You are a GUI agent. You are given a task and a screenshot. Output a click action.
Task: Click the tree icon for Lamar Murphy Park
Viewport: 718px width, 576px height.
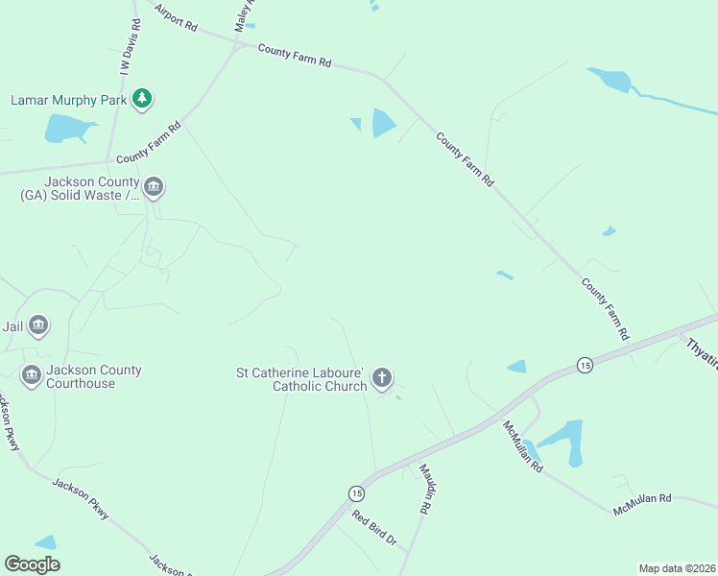coord(142,99)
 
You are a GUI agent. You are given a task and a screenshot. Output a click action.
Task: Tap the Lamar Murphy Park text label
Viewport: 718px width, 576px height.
coord(69,100)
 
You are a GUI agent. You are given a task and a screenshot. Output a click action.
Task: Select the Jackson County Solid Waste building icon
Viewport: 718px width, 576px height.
coord(154,187)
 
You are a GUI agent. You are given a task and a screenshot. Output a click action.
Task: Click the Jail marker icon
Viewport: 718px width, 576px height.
coord(38,326)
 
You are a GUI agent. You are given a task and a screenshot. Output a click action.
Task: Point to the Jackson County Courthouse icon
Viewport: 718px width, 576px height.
coord(31,375)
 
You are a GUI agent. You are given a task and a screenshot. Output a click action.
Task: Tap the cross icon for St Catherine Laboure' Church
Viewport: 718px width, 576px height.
coord(382,378)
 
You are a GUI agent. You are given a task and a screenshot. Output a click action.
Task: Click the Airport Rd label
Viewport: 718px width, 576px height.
coord(175,18)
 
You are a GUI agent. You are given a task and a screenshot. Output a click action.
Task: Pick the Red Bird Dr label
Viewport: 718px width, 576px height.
coord(374,528)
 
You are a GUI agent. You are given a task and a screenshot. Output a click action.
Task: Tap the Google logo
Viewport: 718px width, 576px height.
coord(32,564)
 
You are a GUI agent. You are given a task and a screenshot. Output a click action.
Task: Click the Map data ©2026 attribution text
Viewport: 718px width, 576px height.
coord(676,568)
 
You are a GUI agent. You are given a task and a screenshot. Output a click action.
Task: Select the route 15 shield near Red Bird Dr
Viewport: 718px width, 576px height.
coord(356,492)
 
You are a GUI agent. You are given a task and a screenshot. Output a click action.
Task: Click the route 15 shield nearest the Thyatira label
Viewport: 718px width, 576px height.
coord(584,365)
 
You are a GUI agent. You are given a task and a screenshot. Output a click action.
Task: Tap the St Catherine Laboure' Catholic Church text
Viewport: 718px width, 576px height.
coord(302,379)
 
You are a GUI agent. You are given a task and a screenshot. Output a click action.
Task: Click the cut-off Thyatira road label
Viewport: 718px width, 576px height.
coord(698,351)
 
